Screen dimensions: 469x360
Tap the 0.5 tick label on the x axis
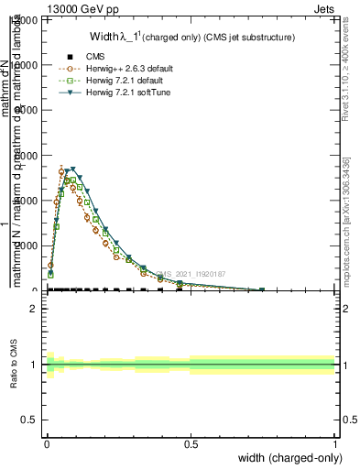click(x=191, y=443)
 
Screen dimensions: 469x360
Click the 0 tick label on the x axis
click(x=46, y=443)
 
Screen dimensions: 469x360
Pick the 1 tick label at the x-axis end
click(x=334, y=443)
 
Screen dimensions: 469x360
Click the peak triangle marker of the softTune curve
click(x=72, y=169)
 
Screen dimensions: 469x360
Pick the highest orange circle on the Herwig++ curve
click(x=61, y=171)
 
